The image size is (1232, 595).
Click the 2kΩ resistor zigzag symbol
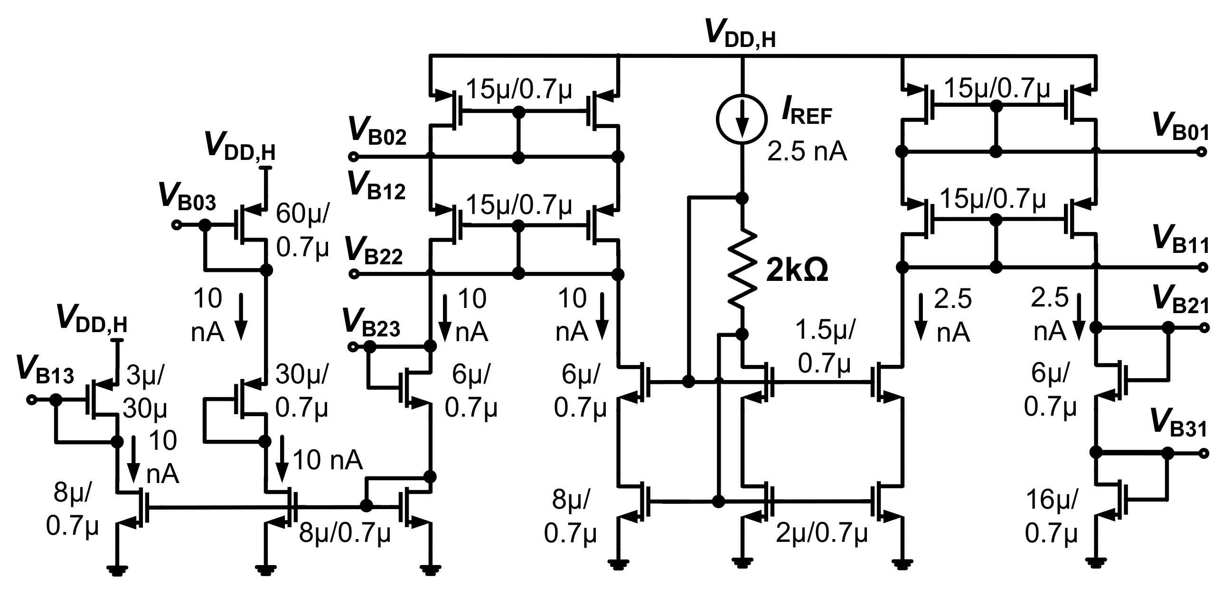(742, 269)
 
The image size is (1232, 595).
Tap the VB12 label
(376, 186)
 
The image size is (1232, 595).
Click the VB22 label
(374, 251)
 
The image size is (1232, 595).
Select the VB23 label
(372, 324)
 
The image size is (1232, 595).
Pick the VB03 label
(188, 197)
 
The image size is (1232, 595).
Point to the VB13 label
(45, 371)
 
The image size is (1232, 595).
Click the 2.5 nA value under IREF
(807, 151)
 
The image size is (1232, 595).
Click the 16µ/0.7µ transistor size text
(1051, 517)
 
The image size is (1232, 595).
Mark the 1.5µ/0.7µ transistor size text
(824, 346)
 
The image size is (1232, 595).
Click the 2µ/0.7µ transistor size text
(821, 533)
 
